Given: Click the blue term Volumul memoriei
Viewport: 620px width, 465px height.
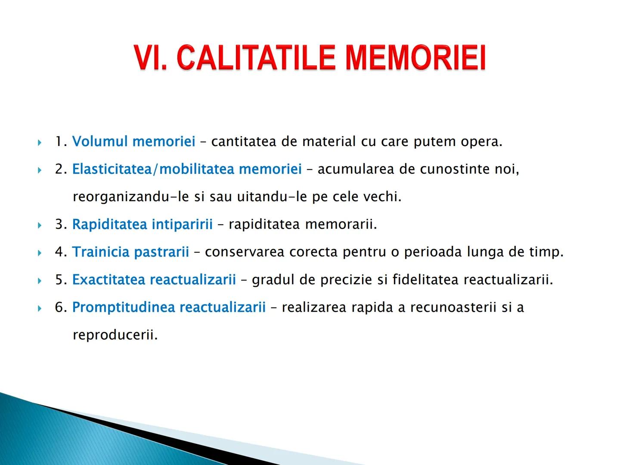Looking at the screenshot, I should pos(133,141).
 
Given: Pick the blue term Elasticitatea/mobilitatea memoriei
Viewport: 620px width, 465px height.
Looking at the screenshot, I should pos(187,169).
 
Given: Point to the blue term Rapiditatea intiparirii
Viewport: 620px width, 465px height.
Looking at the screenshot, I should pos(142,224).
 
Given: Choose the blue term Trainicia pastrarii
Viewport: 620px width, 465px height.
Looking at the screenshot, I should pos(130,252).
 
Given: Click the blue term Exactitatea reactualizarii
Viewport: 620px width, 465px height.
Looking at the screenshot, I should pos(154,279).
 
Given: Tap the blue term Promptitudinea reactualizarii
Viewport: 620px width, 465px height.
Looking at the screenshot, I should pos(169,307).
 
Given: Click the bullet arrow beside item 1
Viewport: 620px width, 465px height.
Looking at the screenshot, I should pos(40,142).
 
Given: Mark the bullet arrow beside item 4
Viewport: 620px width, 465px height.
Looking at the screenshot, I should pos(40,253).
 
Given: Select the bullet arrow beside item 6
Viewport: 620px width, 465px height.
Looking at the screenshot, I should pos(40,308).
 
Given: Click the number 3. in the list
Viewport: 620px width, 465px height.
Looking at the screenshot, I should pos(61,224).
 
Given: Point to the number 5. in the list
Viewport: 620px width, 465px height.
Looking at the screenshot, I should pos(61,279).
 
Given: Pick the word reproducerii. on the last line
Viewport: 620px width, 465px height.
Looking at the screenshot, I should pos(115,335).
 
